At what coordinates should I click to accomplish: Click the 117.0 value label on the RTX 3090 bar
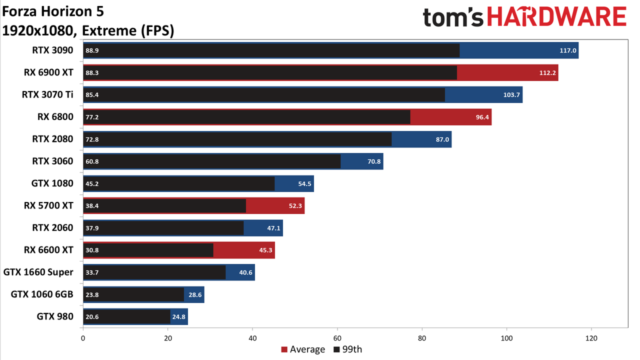point(567,50)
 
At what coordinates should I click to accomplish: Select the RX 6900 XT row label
point(48,72)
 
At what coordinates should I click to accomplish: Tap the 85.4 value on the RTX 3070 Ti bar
point(92,95)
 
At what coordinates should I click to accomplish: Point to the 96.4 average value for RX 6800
point(482,117)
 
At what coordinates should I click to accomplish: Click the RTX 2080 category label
point(52,139)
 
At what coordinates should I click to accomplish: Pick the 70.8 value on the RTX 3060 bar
point(374,161)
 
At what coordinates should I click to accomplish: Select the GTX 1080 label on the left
point(52,183)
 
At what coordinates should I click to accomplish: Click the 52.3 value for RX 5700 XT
point(295,205)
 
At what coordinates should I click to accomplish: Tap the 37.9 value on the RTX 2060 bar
point(92,228)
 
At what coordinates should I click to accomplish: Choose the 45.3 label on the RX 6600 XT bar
point(265,250)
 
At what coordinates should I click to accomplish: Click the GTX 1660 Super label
point(38,272)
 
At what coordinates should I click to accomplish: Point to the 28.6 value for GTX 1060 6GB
point(195,294)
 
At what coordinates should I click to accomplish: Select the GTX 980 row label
point(55,316)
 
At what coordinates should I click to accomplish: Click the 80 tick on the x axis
point(422,338)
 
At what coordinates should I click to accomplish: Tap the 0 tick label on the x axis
point(83,338)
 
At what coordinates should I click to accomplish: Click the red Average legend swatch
point(284,349)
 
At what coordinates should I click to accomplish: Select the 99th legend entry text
point(352,349)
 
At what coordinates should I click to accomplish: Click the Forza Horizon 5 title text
point(53,11)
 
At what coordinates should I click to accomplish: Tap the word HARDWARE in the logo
point(557,17)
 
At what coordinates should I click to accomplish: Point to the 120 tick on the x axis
point(591,338)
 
